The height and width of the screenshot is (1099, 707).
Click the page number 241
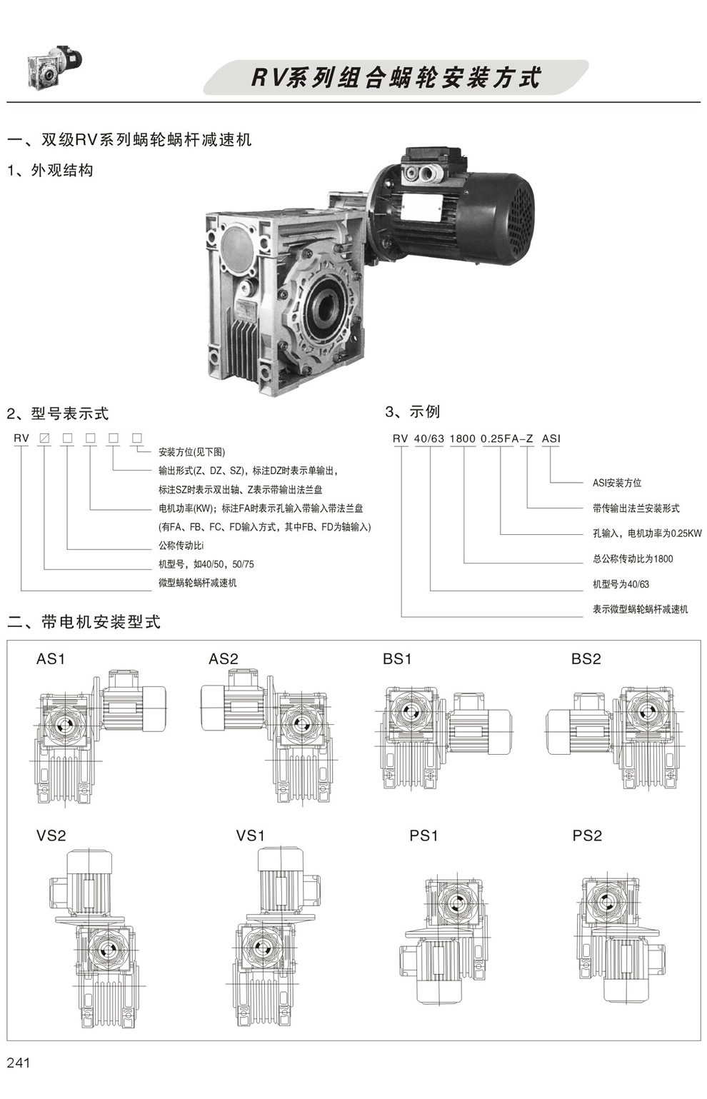[x=19, y=1063]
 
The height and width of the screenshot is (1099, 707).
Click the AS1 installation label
[x=51, y=659]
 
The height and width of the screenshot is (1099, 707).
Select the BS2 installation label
[x=586, y=659]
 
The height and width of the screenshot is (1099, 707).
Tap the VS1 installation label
[x=251, y=835]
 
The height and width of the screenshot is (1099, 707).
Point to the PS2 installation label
[x=587, y=835]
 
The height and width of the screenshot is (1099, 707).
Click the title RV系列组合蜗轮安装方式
[x=396, y=78]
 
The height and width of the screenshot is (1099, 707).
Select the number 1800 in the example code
[x=462, y=438]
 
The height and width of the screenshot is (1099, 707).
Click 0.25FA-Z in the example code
[x=507, y=438]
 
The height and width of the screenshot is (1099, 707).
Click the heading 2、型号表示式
[x=58, y=413]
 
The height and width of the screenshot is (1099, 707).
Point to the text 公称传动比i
[x=181, y=546]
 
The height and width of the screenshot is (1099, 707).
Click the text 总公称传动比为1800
[x=633, y=559]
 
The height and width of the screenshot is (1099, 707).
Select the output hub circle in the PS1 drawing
[x=455, y=905]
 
